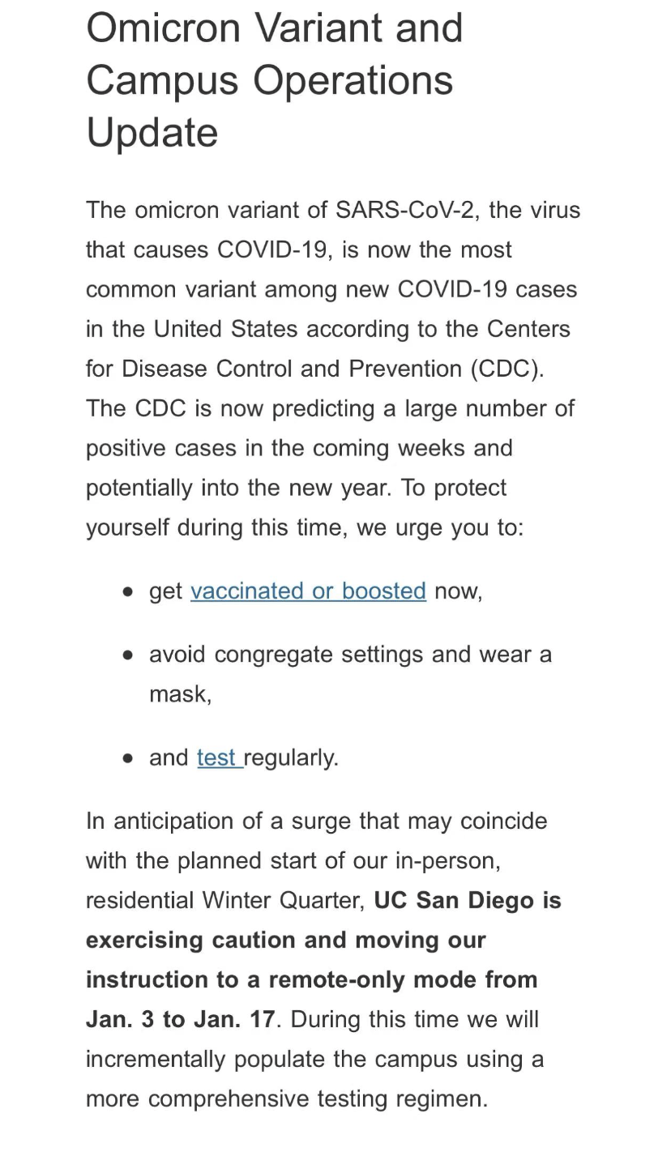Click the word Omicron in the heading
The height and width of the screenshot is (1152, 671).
[160, 28]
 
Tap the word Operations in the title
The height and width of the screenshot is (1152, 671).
[353, 80]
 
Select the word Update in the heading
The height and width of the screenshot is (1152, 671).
[152, 133]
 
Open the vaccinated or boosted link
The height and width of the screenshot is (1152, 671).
[308, 591]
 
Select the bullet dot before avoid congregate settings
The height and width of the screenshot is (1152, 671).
[128, 655]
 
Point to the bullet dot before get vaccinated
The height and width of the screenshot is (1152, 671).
[128, 592]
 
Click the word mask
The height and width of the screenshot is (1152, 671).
[178, 694]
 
